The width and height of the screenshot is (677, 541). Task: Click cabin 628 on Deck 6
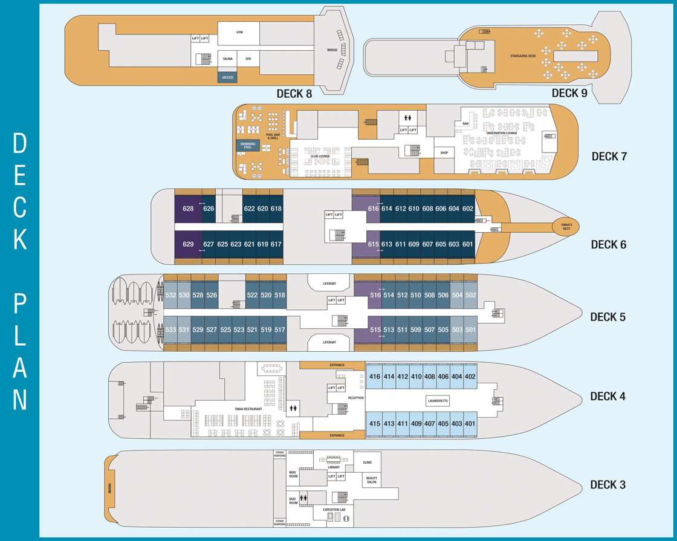tap(187, 209)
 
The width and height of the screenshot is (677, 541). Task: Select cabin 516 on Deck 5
tap(375, 294)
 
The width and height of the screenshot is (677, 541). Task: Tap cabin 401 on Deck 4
tap(470, 424)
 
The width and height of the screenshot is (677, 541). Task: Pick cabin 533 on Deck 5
tap(170, 329)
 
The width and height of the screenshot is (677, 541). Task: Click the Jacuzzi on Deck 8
tap(228, 78)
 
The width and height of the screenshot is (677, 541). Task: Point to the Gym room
tap(239, 32)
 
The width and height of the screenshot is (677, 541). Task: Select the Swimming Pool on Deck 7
tap(248, 145)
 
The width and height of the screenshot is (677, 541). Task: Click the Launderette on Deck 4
tap(437, 400)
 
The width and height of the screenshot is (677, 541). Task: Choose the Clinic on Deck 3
tap(368, 462)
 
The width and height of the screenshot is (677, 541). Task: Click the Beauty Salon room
tap(371, 481)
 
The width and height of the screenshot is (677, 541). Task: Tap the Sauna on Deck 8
tap(228, 59)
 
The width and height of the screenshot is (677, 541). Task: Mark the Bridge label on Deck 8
tap(332, 50)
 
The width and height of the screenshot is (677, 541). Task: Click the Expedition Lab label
tap(334, 510)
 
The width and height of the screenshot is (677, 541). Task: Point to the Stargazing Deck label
tap(523, 56)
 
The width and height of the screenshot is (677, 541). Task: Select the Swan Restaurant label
tap(249, 409)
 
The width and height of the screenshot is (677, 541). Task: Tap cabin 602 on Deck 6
tap(468, 209)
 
